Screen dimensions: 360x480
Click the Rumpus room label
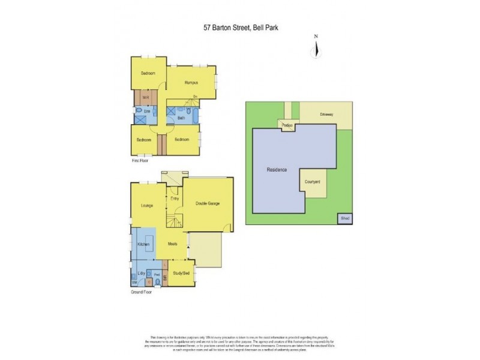point(191,82)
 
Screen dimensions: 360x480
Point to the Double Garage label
point(208,203)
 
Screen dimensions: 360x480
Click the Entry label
point(175,199)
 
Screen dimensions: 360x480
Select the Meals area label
point(172,244)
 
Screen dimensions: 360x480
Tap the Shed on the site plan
point(344,218)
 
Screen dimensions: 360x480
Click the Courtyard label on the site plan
point(312,181)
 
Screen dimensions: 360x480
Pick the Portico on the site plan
point(287,125)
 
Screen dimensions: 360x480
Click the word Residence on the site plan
point(277,170)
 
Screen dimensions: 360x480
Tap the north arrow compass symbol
point(316,48)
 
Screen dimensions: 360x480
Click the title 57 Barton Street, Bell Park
point(239,26)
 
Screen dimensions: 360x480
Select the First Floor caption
point(140,161)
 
